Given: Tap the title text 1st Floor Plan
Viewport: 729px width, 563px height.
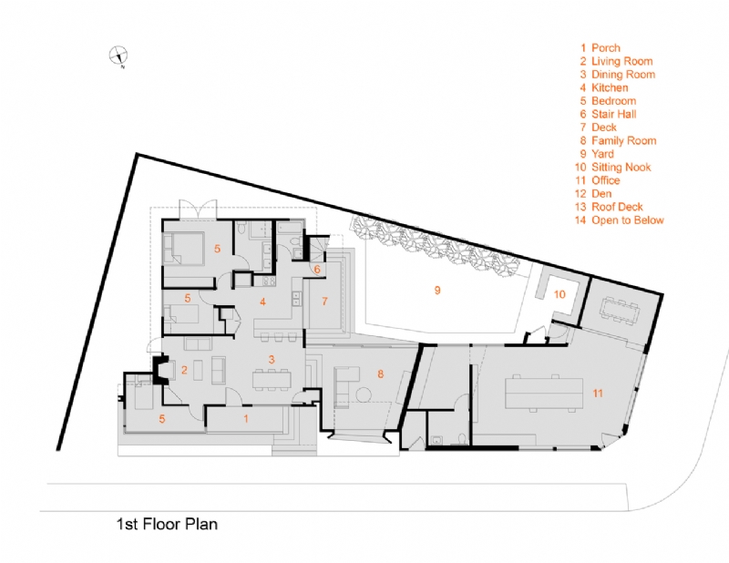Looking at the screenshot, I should tap(167, 524).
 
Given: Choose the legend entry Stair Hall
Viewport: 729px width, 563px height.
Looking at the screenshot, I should tap(619, 114).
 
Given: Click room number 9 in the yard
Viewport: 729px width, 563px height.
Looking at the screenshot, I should tap(437, 290).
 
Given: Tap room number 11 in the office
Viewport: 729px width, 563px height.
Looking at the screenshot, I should tap(598, 393).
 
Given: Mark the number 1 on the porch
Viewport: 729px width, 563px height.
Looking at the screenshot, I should tap(245, 418).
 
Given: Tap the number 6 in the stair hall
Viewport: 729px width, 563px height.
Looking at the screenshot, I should tap(316, 270).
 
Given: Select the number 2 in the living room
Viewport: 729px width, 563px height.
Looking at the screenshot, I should tap(184, 369).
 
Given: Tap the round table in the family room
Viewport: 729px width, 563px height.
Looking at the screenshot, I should tap(364, 394).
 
